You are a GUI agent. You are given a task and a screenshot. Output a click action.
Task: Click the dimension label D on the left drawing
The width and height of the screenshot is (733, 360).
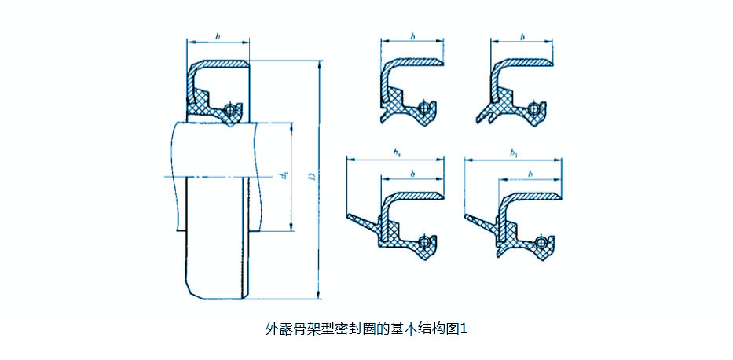coord(312,181)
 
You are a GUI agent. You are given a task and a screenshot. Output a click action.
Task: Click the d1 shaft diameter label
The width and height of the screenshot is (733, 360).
coord(282,178)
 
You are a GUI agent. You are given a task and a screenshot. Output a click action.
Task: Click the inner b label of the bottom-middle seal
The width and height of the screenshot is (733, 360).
coord(412,173)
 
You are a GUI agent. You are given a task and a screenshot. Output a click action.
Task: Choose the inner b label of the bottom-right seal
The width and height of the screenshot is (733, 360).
coord(530,173)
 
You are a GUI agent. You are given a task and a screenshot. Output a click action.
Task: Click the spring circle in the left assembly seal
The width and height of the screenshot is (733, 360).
coord(229,109)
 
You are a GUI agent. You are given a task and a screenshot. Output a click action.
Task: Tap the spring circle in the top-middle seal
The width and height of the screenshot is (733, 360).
coord(425,108)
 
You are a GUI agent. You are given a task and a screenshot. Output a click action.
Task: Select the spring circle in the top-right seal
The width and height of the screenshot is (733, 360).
coord(535,108)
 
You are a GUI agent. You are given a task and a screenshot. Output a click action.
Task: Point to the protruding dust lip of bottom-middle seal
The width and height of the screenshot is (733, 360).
coord(361,220)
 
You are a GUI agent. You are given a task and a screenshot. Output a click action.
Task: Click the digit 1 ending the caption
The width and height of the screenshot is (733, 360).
coord(464,329)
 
